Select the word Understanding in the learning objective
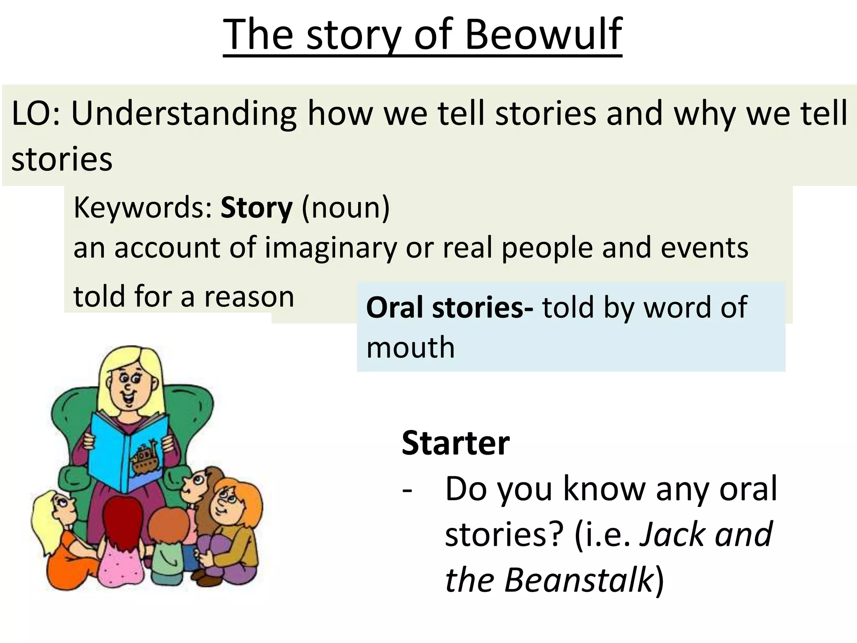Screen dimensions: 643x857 pos(184,114)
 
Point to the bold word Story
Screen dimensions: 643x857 pos(256,208)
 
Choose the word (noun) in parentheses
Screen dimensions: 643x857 pos(345,208)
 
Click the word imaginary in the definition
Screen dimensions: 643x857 pos(331,248)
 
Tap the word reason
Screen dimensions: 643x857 pos(249,297)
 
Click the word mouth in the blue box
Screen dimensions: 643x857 pos(410,348)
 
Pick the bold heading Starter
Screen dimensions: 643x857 pos(455,443)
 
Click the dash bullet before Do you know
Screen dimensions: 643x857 pos(407,490)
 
